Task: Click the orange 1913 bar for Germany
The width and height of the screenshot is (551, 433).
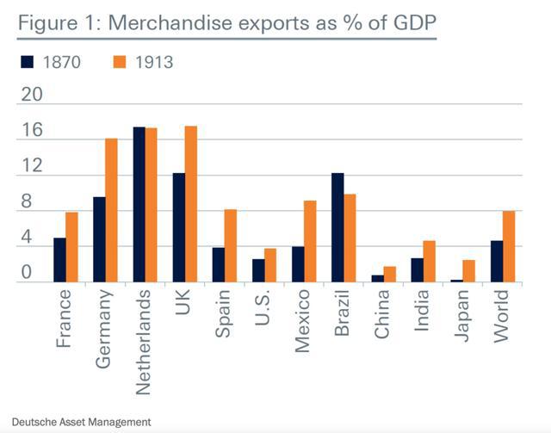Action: point(111,210)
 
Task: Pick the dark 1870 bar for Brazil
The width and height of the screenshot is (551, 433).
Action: point(337,227)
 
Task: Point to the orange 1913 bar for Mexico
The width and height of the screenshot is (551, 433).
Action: point(311,241)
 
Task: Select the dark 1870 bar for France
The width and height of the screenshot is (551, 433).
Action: point(59,259)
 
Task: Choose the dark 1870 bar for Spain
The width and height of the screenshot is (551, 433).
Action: point(219,264)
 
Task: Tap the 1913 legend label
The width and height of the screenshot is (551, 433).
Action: point(155,62)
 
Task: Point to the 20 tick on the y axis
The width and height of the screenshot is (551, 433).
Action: point(32,94)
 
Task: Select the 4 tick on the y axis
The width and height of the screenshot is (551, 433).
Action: point(26,238)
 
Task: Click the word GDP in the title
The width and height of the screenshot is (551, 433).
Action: point(407,22)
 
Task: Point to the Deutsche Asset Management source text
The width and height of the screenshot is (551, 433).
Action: point(78,422)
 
